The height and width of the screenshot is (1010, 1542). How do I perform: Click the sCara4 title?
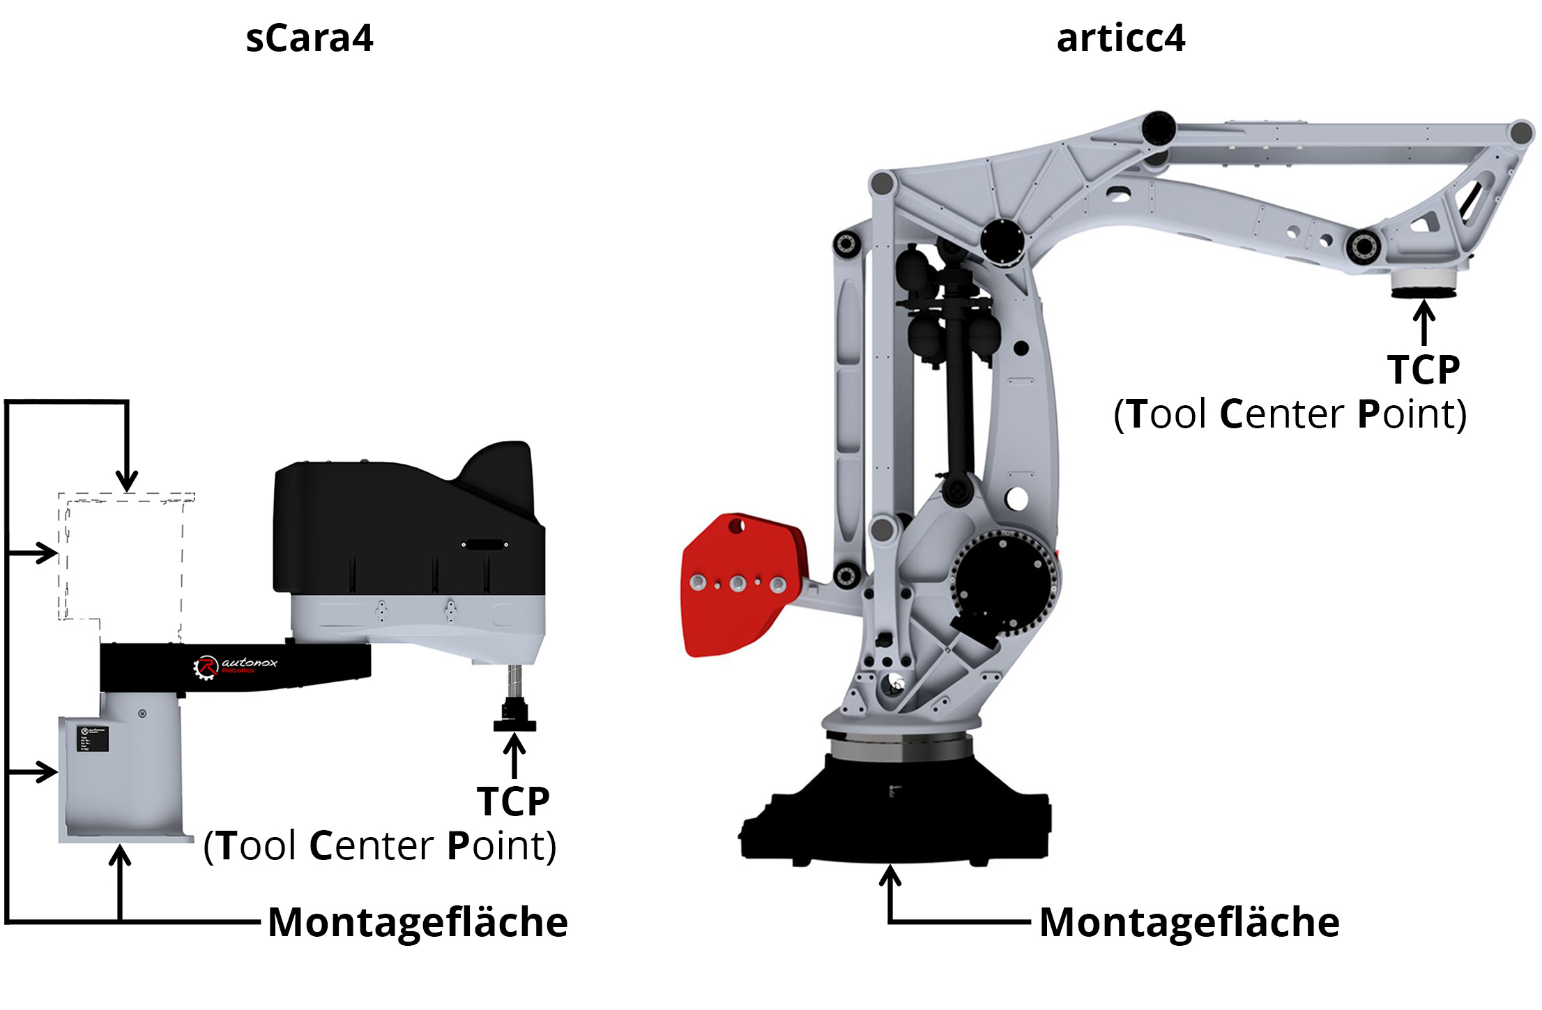[x=310, y=38]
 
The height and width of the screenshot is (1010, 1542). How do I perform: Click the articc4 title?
[x=1120, y=38]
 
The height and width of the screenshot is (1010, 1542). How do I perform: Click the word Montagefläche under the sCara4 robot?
[x=418, y=922]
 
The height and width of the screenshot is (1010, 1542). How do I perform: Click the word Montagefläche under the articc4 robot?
[x=1189, y=922]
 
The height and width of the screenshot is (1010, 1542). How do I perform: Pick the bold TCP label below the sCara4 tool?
[x=513, y=801]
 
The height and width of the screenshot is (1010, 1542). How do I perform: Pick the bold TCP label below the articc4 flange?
[x=1423, y=370]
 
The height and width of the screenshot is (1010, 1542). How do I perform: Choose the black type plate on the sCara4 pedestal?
[x=92, y=738]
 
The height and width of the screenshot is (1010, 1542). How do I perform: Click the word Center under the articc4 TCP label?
[x=1281, y=414]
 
